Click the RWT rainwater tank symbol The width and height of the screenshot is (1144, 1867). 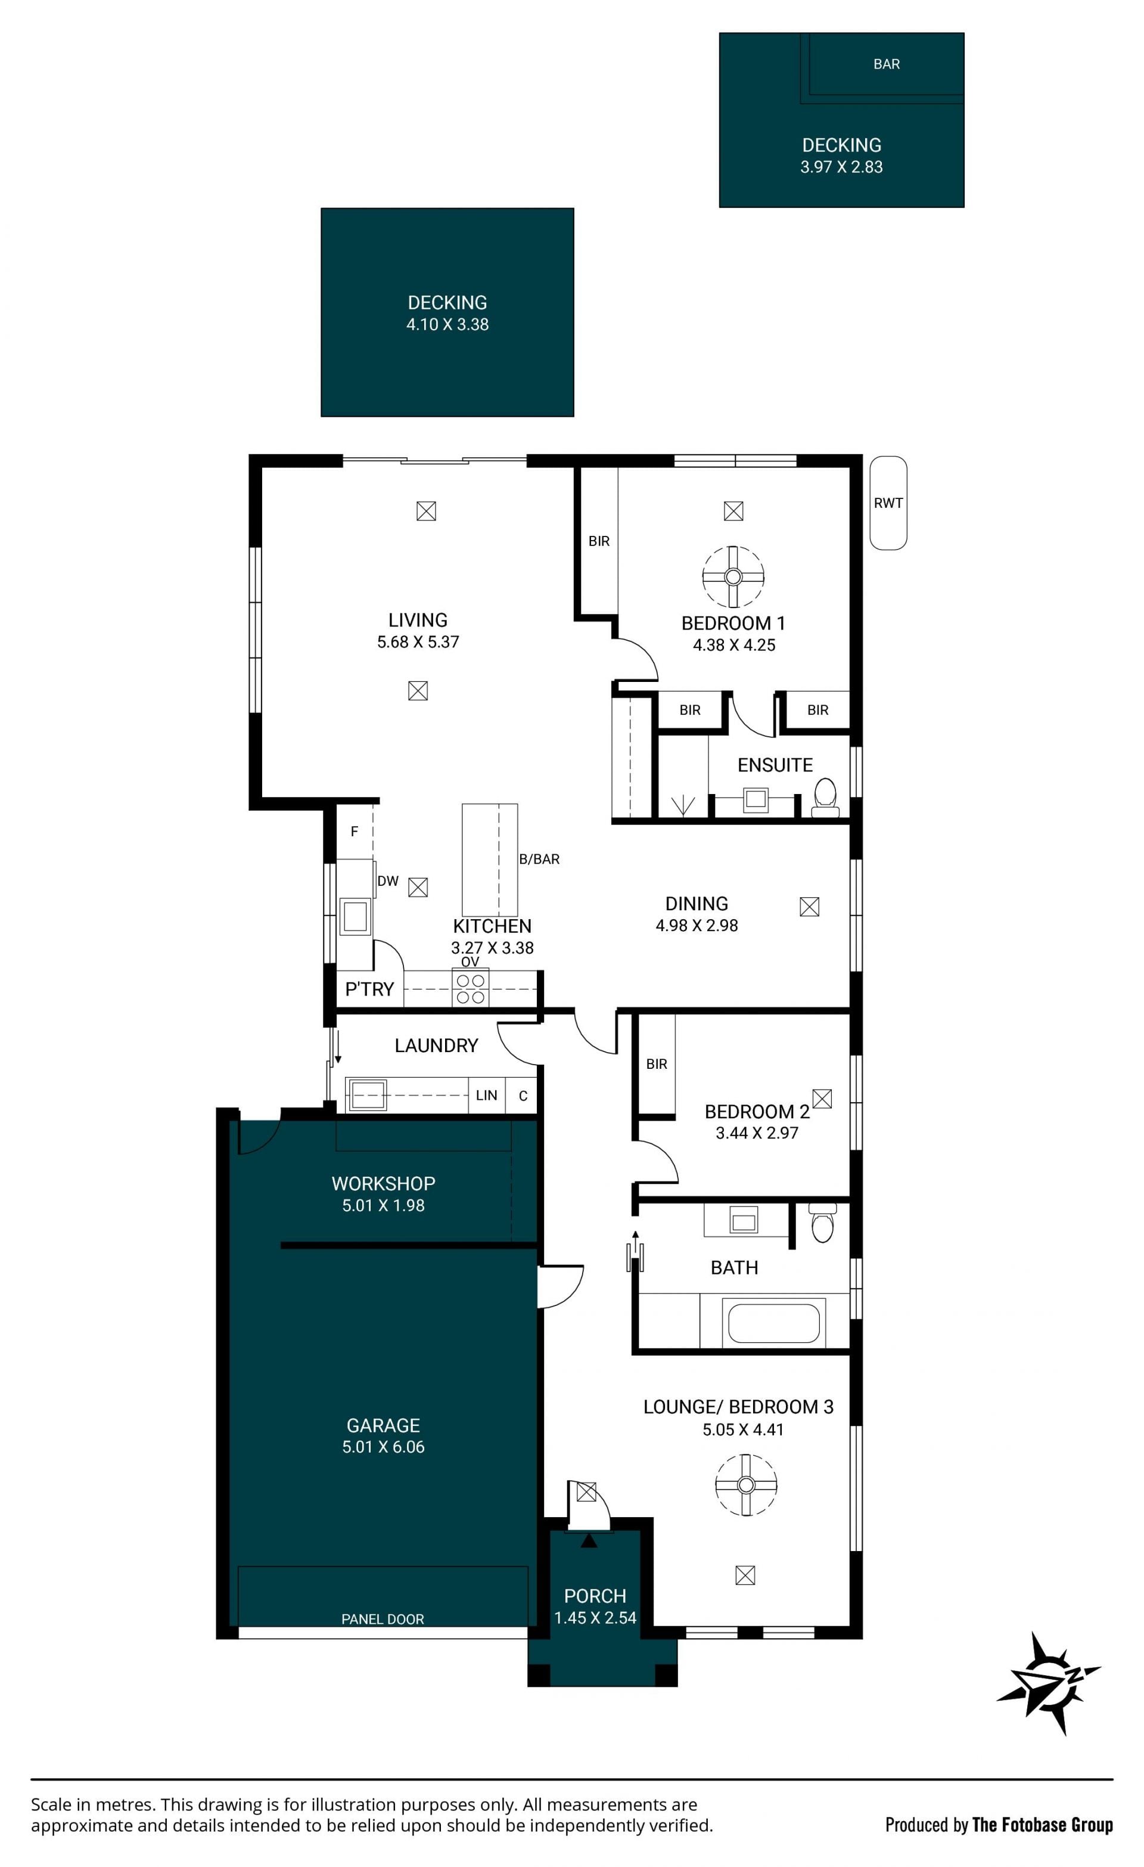888,503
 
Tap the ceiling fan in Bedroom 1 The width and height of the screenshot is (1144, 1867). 733,576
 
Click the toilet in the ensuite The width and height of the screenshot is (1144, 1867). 825,798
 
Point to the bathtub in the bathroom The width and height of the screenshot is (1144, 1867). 773,1322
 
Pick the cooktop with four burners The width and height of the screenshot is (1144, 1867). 471,989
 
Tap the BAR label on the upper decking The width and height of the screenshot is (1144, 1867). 887,64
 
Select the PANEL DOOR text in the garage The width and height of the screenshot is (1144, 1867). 383,1619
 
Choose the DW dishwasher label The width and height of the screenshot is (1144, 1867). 388,880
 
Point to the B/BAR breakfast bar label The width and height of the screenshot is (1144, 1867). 539,859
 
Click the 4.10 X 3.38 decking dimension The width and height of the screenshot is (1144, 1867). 447,324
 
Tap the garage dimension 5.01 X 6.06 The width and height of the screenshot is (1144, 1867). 383,1447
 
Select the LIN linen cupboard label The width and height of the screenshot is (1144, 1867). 486,1095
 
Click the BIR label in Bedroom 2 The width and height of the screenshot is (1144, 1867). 657,1064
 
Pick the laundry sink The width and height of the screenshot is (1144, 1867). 368,1095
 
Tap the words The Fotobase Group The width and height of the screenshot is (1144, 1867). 1043,1825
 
